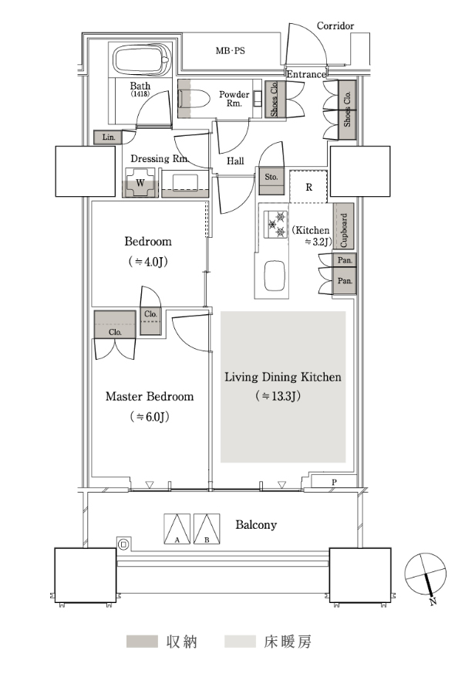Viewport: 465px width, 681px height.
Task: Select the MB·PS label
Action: [x=231, y=51]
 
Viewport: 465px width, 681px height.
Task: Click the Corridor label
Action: [x=335, y=26]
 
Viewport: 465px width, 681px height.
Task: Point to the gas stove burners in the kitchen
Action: [x=276, y=224]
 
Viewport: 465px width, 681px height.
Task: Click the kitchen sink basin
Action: [x=275, y=276]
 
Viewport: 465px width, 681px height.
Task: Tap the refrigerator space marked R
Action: [x=308, y=187]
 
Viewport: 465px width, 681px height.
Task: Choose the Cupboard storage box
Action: [x=344, y=226]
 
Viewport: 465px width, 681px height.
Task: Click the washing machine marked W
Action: [x=140, y=182]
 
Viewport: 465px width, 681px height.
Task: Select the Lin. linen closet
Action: [x=108, y=137]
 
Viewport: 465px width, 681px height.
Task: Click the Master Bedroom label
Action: [x=150, y=397]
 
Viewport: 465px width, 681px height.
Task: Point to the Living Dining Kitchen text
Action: [x=283, y=377]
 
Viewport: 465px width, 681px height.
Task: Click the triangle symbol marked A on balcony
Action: [x=177, y=529]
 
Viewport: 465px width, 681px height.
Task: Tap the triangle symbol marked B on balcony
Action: [x=207, y=529]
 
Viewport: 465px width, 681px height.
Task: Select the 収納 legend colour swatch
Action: [x=142, y=642]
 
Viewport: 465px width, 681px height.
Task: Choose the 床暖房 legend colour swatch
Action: [x=240, y=642]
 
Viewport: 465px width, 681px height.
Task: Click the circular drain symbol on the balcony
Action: [x=123, y=544]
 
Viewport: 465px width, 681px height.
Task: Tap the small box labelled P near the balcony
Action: [x=334, y=482]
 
